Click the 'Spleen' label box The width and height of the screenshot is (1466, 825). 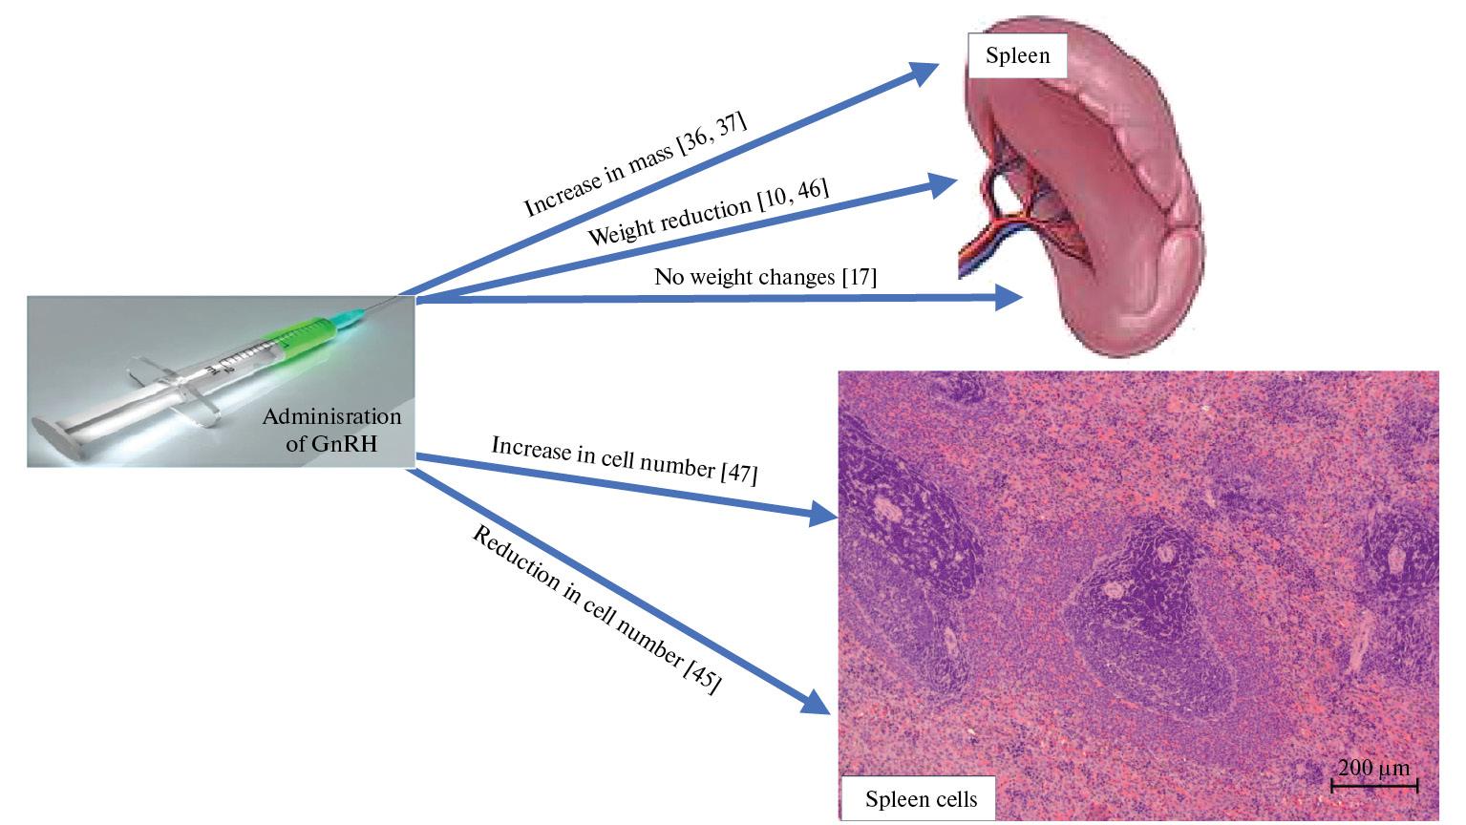click(1016, 55)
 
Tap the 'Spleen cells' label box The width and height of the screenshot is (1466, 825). click(920, 799)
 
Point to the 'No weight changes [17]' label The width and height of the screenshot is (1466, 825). click(765, 277)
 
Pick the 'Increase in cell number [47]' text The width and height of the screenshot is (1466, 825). click(625, 459)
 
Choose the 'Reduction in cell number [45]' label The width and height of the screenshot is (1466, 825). click(597, 608)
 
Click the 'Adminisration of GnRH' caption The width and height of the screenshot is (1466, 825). click(331, 430)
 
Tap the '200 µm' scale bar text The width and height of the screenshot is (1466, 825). click(1373, 768)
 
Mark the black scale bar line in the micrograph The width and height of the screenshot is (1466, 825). click(1374, 786)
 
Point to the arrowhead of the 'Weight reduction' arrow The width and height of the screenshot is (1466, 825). click(943, 184)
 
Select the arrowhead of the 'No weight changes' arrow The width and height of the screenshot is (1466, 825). click(1009, 297)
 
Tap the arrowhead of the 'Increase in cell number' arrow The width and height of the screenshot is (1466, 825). click(823, 515)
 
